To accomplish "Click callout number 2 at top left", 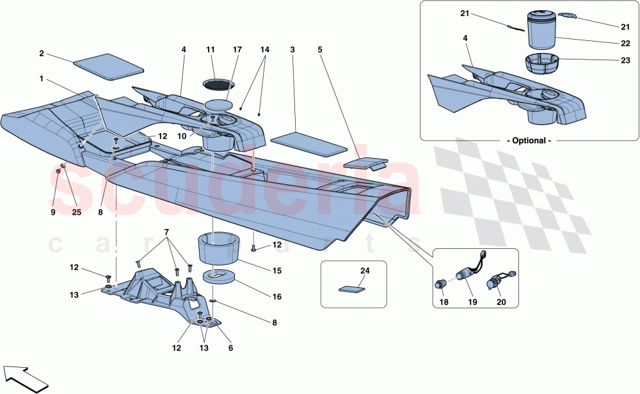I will tap(41, 54).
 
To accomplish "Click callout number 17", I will tap(237, 49).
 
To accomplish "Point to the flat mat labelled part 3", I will tap(308, 145).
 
